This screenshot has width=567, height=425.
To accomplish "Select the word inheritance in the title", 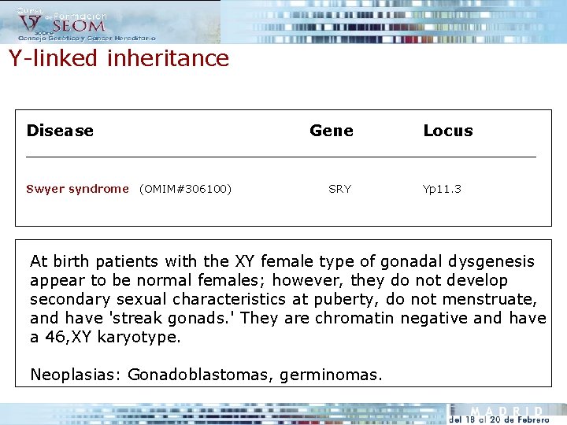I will point(168,58).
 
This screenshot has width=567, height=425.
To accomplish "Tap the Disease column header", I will point(60,131).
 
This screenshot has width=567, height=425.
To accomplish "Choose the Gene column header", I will point(332,131).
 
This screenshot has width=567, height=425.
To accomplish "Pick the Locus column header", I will point(448,131).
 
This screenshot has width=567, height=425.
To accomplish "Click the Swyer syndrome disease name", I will point(77,189).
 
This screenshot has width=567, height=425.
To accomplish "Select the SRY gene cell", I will point(340,189).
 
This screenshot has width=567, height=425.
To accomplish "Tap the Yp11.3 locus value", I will point(442,189).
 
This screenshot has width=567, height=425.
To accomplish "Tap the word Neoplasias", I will point(76,375).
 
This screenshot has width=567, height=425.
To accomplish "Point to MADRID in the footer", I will point(506,411).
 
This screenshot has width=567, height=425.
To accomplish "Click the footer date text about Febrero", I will point(498,420).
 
